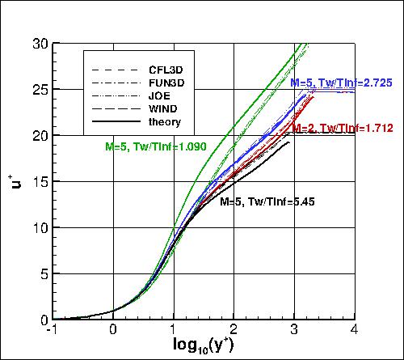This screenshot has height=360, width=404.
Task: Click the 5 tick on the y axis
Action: pos(41,273)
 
